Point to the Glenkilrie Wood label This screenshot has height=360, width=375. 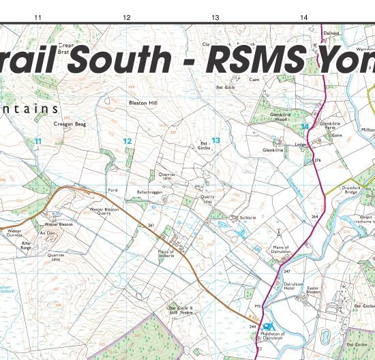[273, 116]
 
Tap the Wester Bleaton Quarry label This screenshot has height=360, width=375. [105, 211]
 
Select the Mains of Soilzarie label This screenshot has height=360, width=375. [167, 254]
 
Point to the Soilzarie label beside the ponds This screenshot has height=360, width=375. [247, 217]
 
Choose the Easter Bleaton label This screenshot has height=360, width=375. [318, 291]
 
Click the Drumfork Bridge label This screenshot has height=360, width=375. [351, 191]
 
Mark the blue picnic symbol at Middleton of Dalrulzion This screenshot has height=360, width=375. [268, 327]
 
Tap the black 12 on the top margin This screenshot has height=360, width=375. [126, 16]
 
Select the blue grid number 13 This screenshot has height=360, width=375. [215, 140]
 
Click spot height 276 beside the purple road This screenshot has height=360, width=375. [317, 160]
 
